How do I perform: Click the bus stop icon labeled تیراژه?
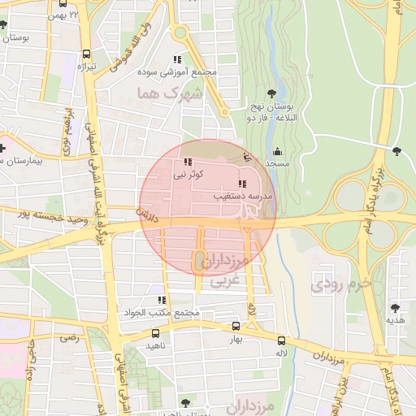(x=86, y=54)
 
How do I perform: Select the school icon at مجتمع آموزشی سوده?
(x=177, y=60)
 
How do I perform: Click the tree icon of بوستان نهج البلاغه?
(x=271, y=95)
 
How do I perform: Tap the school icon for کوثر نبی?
(x=189, y=162)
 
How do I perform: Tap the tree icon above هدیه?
(x=395, y=308)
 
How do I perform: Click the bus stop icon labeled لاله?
(x=281, y=341)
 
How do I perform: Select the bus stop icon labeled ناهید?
(x=156, y=333)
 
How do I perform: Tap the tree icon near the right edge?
(x=396, y=150)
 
